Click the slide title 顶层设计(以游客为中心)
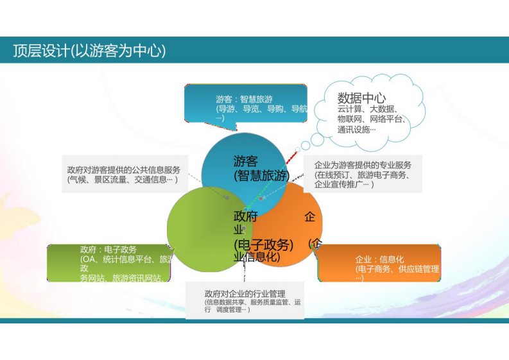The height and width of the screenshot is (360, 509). point(89,51)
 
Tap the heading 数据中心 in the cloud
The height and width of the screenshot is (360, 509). point(361,98)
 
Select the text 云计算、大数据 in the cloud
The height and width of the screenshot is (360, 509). point(367,109)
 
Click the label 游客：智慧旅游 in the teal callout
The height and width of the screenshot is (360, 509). point(244,99)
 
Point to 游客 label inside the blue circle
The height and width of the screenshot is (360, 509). point(245,162)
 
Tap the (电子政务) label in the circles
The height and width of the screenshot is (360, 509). point(263,244)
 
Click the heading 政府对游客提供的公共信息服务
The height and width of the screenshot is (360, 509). point(123,170)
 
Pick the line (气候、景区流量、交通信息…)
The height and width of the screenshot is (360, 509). point(122,180)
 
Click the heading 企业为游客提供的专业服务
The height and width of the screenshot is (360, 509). point(363,165)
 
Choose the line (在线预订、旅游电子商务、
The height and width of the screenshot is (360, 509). point(362,175)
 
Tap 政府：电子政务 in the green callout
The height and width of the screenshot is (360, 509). point(108,249)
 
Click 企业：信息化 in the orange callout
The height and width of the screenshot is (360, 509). point(380,259)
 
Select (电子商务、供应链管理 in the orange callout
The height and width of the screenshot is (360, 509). point(397,269)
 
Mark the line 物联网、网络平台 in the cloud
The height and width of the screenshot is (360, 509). point(370,119)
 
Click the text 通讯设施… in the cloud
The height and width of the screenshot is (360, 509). point(356,129)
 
